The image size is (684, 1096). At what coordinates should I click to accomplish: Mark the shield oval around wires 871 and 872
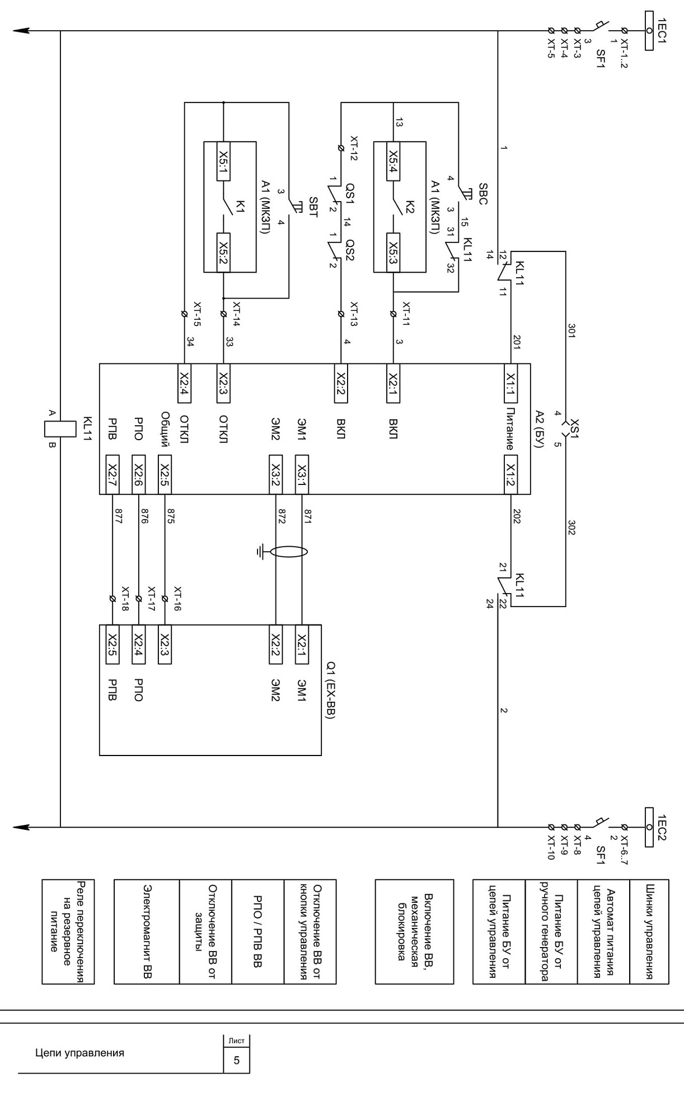click(289, 553)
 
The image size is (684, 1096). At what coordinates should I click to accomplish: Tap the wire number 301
click(571, 330)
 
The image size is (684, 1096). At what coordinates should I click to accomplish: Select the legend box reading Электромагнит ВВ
click(147, 931)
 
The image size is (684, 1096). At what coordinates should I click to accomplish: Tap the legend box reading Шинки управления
click(649, 931)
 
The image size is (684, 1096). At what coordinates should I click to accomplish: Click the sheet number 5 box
click(236, 1060)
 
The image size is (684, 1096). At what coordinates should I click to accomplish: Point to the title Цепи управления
click(79, 1053)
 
